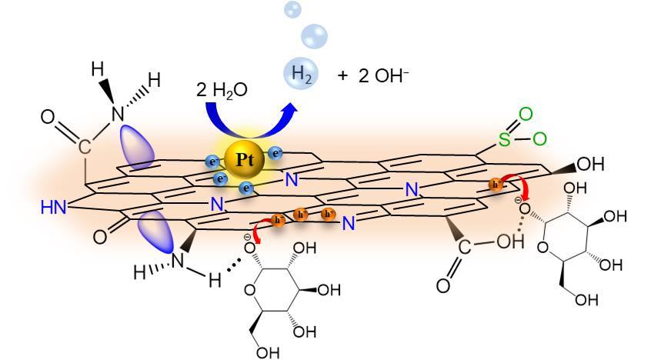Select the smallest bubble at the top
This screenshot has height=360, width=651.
pyautogui.click(x=293, y=8)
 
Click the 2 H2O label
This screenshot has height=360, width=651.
pyautogui.click(x=222, y=89)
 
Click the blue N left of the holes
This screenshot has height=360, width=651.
pyautogui.click(x=218, y=205)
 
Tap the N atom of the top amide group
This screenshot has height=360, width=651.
pyautogui.click(x=118, y=113)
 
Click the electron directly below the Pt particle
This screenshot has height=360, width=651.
pyautogui.click(x=247, y=188)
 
